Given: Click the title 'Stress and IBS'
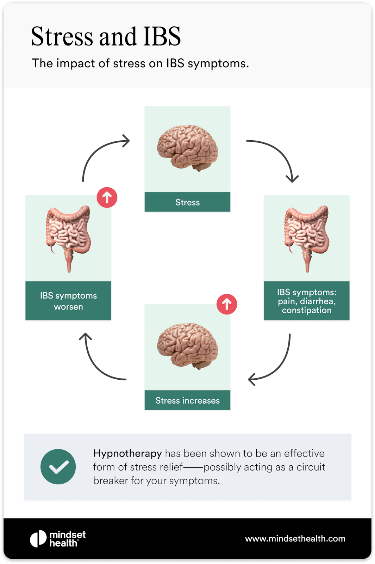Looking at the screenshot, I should [106, 36].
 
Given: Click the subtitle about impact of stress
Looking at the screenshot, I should [140, 63].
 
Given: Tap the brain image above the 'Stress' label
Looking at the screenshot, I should [188, 148].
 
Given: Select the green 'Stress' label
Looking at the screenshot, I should [187, 202].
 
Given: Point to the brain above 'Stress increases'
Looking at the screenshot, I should [188, 346].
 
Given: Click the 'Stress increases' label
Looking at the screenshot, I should [187, 400].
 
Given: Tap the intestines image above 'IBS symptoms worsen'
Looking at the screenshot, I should [68, 238].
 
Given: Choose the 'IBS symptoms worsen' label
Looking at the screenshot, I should [68, 301].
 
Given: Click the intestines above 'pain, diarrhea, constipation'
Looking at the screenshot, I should [307, 238].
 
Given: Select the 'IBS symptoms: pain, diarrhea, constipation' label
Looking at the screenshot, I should [307, 301].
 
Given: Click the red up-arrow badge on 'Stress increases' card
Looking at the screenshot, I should [227, 304].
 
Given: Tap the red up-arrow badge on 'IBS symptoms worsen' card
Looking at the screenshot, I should [107, 197].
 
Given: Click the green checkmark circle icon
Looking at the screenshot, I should [58, 467].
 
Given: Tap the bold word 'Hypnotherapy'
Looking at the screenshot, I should [127, 453].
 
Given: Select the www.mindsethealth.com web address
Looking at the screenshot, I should [295, 539].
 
